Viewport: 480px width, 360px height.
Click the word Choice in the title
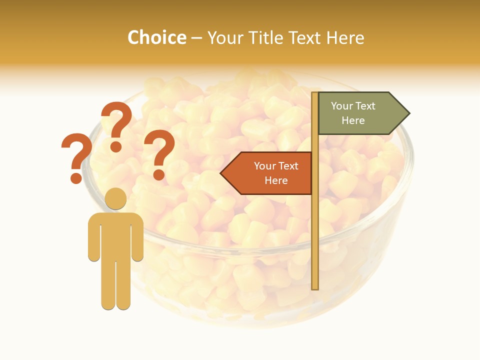tap(156, 37)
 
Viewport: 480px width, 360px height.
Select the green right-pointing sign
tap(357, 113)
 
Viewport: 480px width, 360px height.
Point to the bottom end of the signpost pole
tap(315, 287)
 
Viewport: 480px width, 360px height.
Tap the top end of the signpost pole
tap(315, 94)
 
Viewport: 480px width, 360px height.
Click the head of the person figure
tap(115, 198)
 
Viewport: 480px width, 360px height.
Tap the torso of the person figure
tap(115, 235)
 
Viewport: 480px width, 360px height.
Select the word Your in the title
tap(225, 37)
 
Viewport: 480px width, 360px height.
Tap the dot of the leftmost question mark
tap(76, 177)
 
